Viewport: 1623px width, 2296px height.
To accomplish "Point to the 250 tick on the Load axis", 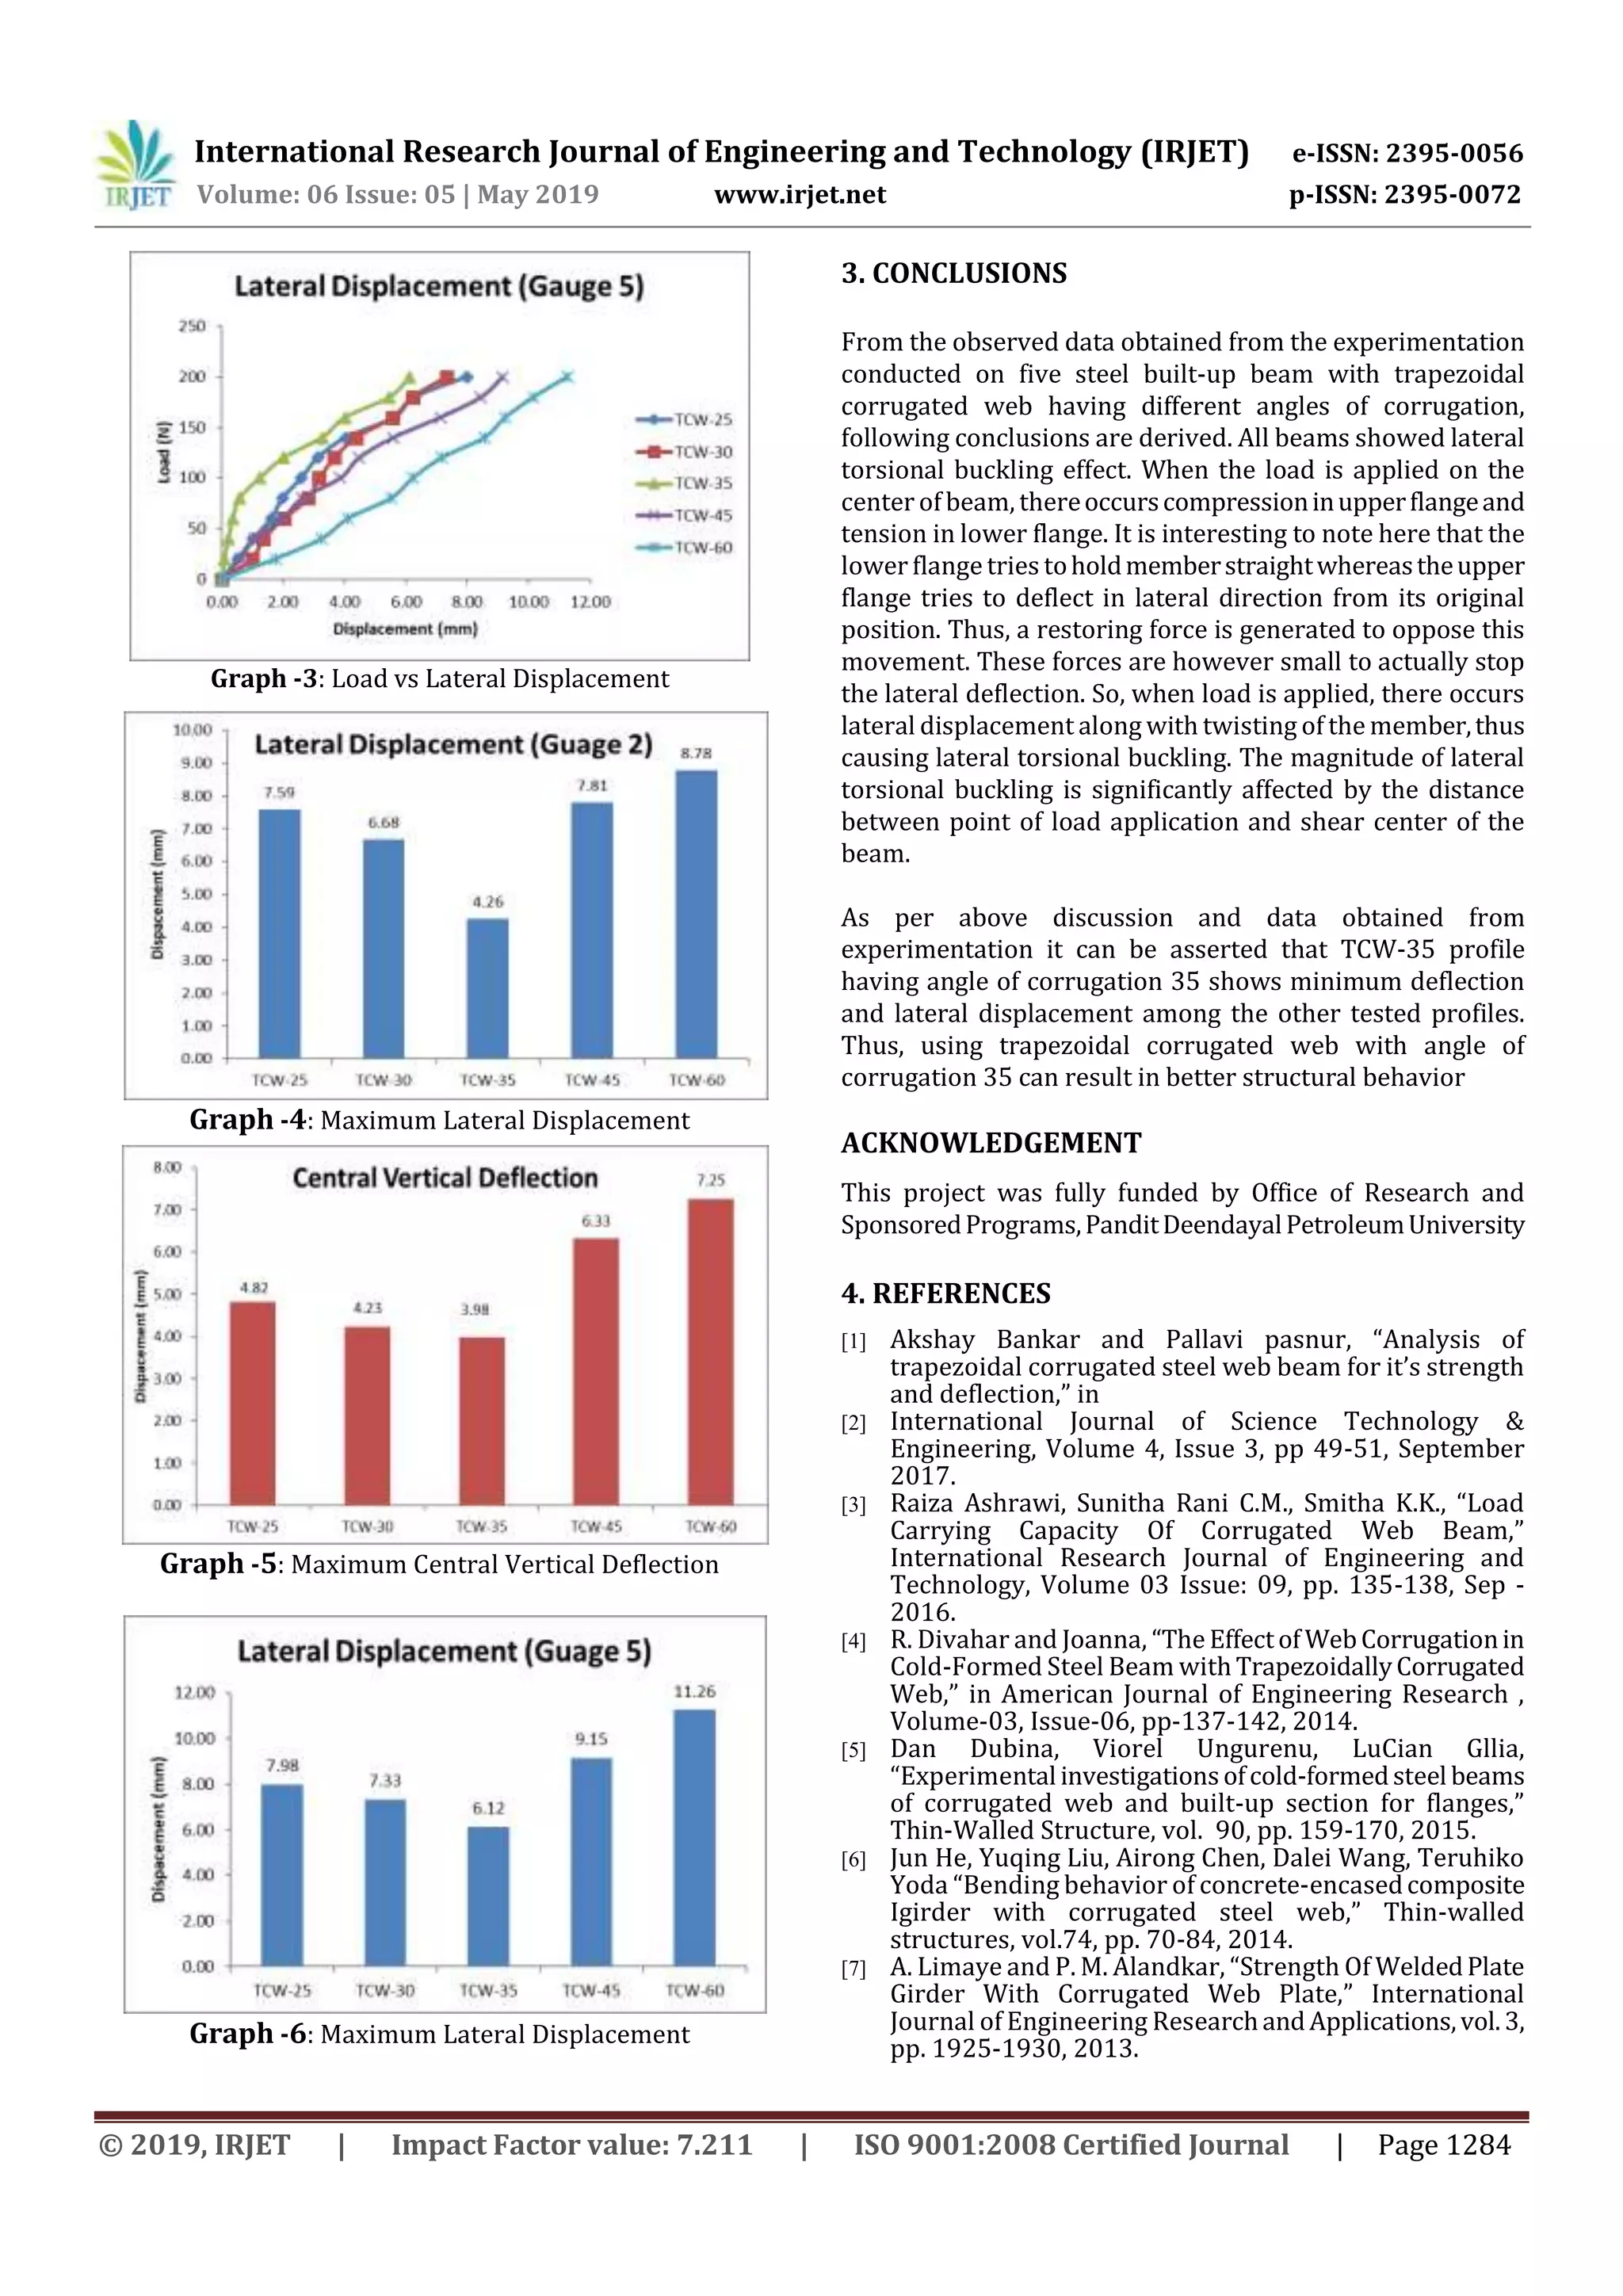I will point(191,326).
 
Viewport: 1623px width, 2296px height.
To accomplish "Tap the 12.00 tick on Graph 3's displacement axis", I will point(589,602).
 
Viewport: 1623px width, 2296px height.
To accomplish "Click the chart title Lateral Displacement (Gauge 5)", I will point(439,287).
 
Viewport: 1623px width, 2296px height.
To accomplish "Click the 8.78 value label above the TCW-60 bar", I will point(696,753).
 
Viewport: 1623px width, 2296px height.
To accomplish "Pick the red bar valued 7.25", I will point(710,1350).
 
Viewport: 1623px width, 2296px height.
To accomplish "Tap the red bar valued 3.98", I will point(481,1420).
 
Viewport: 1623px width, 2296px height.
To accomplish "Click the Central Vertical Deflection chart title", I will point(445,1178).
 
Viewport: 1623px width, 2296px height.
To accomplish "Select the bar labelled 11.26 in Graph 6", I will point(694,1836).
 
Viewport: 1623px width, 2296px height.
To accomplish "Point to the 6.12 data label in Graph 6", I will point(488,1808).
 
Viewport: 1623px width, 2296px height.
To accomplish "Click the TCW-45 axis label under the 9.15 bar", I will point(591,1990).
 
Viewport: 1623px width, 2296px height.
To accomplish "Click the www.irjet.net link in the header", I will point(799,194).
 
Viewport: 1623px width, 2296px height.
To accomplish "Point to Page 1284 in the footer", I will point(1443,2144).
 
